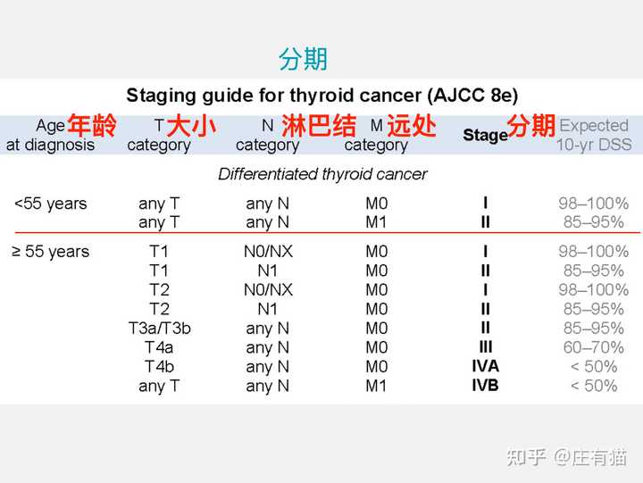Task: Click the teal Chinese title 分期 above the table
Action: (x=303, y=59)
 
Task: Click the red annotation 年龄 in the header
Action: (x=92, y=125)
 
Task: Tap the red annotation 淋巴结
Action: (x=319, y=125)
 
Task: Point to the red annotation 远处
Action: (x=412, y=125)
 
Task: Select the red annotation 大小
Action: (x=191, y=126)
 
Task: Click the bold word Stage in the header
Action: (x=485, y=135)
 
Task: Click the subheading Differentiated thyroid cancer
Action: (x=322, y=174)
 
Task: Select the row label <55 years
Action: (x=50, y=204)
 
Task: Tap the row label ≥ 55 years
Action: (x=50, y=252)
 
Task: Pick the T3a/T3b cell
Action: (x=160, y=328)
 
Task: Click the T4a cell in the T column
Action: (x=159, y=347)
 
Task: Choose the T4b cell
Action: (x=159, y=367)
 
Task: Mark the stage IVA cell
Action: (x=485, y=366)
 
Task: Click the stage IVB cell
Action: (x=485, y=386)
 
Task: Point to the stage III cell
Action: (x=485, y=347)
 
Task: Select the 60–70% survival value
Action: (x=593, y=347)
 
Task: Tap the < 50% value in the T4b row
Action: (x=593, y=367)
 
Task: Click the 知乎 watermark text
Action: (x=526, y=458)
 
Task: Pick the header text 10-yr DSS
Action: (x=593, y=145)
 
